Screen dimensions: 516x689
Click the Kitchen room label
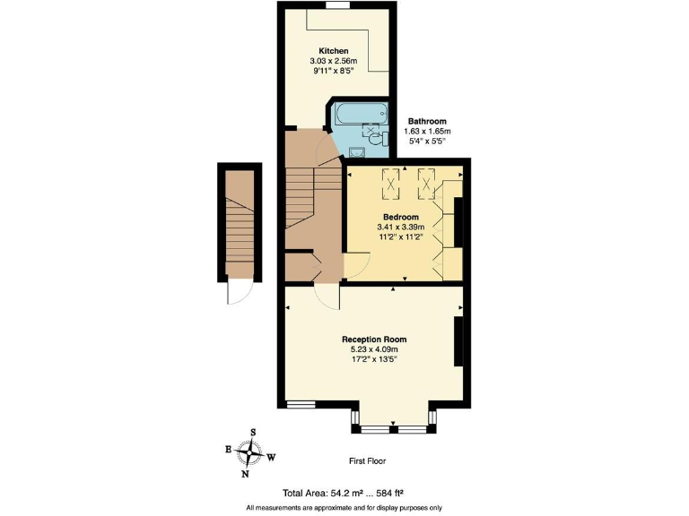[x=334, y=51]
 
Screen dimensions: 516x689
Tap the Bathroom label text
[x=427, y=121]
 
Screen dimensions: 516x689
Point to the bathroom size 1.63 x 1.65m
[x=427, y=132]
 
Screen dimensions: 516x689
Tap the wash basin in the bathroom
[x=357, y=152]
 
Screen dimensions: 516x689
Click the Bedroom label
[x=401, y=217]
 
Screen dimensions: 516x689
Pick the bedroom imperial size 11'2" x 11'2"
[x=401, y=239]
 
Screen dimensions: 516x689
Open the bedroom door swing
[x=356, y=265]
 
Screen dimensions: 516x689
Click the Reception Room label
[x=374, y=340]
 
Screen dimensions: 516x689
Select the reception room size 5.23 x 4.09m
[x=374, y=349]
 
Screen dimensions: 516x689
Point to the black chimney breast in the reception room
[x=459, y=341]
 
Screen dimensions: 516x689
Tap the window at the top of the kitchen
[x=338, y=7]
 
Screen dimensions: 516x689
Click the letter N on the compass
[x=245, y=474]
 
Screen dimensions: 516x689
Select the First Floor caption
[x=370, y=461]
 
